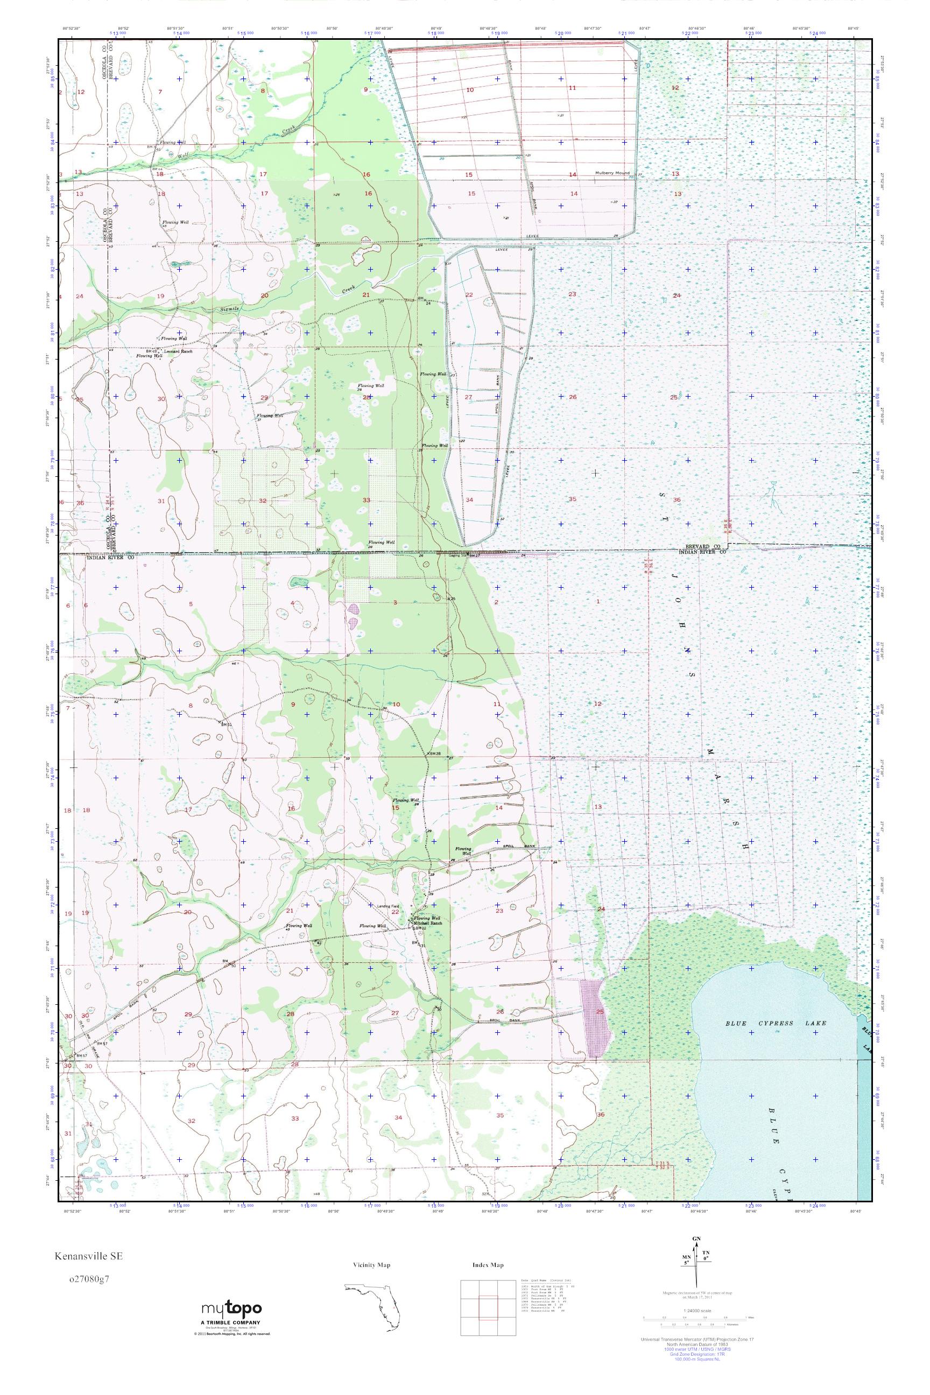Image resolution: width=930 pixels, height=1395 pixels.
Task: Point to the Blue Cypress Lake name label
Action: [776, 1023]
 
